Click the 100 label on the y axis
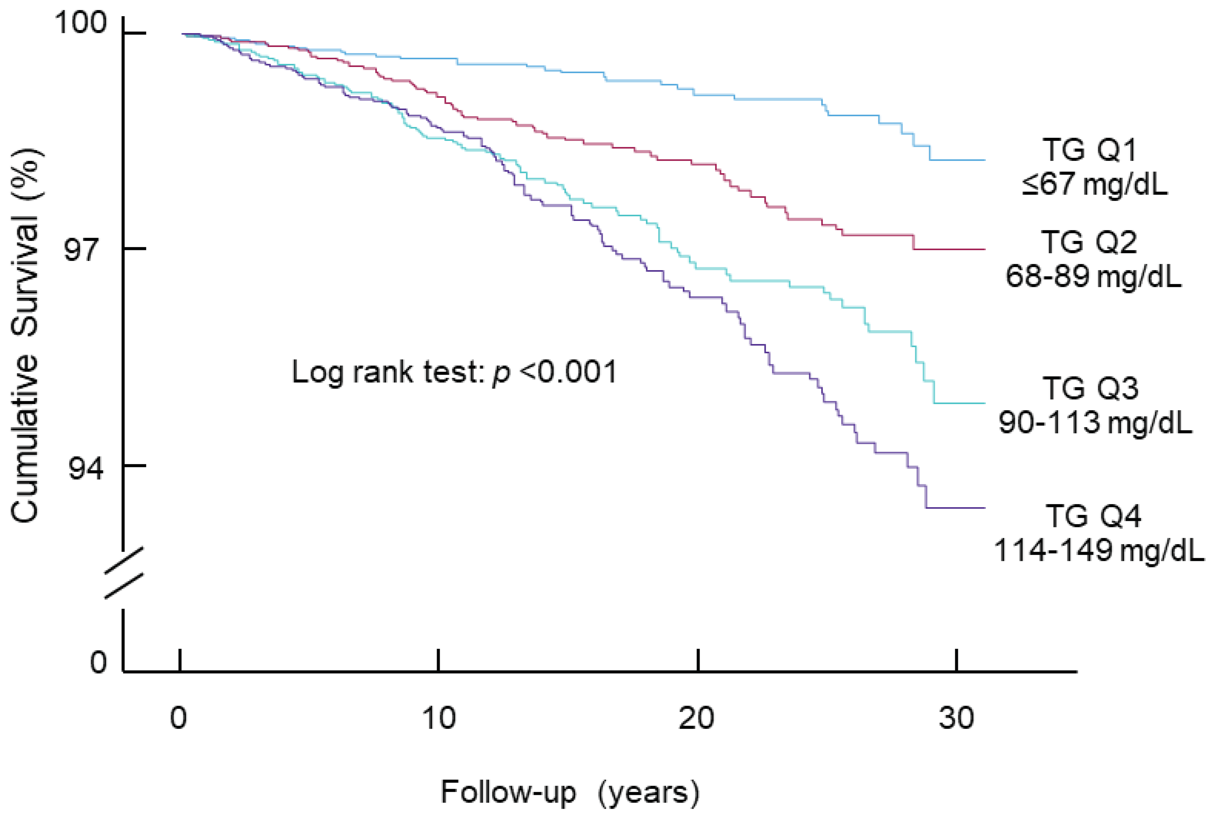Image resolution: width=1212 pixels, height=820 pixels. [x=80, y=23]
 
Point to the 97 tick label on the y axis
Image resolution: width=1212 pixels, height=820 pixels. [x=81, y=249]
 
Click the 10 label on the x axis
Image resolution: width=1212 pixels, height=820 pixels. [x=439, y=718]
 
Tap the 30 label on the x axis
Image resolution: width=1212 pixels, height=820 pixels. [x=956, y=718]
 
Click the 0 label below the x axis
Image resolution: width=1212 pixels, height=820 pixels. [x=178, y=718]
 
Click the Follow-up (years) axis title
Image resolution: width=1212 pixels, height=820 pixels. [x=570, y=792]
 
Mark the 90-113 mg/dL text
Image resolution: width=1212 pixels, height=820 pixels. [x=1095, y=422]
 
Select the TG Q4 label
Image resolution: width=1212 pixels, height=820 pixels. [x=1093, y=516]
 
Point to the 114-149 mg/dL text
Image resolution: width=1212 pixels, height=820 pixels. [x=1098, y=550]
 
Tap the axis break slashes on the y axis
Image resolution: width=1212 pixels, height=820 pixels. [x=124, y=573]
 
